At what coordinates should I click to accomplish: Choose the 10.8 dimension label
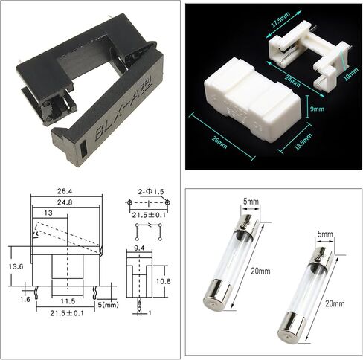(x=164, y=282)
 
